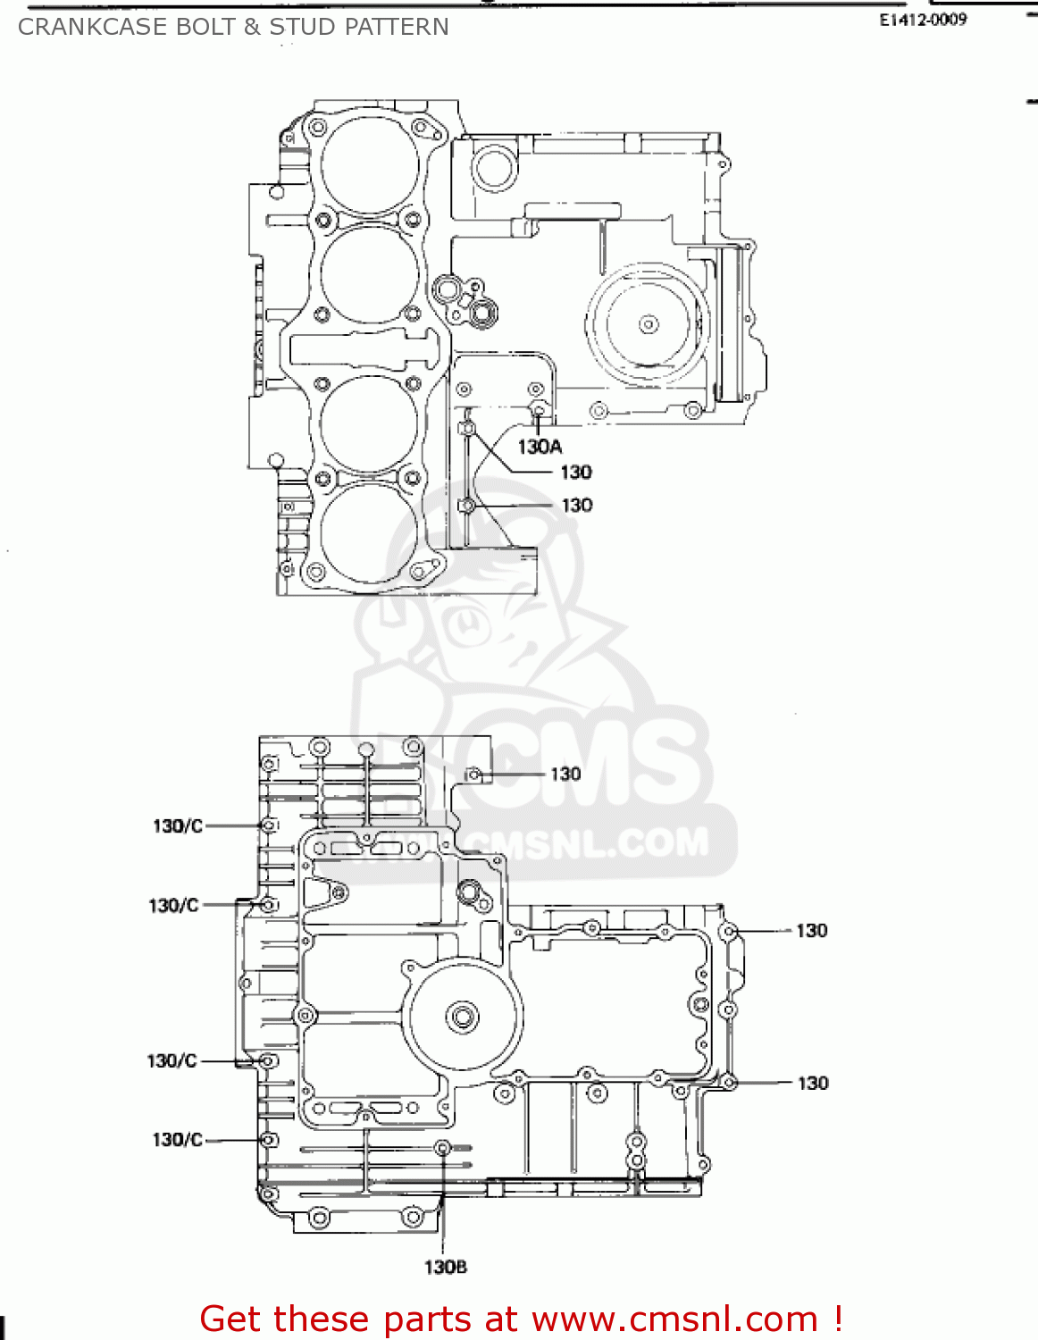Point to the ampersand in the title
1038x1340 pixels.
point(252,27)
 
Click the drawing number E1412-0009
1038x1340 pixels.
point(923,20)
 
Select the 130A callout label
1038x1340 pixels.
point(540,447)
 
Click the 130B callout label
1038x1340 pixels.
point(445,1267)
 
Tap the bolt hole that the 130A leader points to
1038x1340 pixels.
point(538,410)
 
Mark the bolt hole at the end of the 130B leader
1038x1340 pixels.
point(442,1148)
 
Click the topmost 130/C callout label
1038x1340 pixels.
point(177,826)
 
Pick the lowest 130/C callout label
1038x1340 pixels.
point(177,1140)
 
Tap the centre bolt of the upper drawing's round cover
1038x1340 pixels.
point(649,324)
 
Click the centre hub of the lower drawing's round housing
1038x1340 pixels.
point(463,1017)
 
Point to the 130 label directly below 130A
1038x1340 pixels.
point(576,473)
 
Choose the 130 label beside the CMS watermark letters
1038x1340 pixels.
point(565,774)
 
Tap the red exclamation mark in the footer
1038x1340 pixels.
point(837,1319)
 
